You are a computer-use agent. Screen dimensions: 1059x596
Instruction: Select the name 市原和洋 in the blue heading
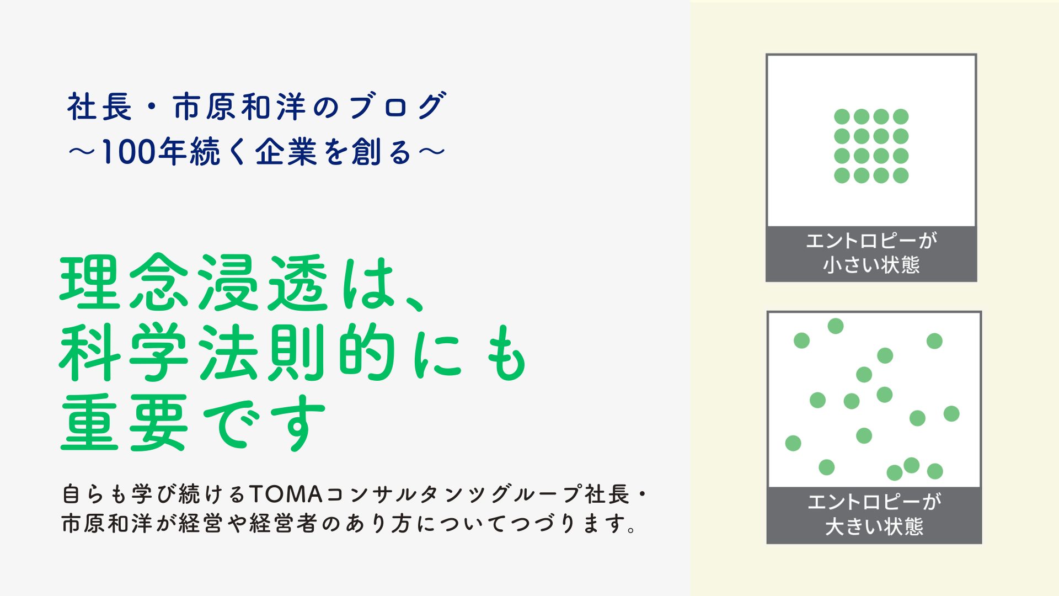click(x=239, y=106)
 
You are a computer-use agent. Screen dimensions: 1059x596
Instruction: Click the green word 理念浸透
click(x=194, y=282)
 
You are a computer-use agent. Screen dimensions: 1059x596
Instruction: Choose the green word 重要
click(x=124, y=422)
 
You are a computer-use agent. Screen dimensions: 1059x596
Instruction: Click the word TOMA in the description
click(x=286, y=494)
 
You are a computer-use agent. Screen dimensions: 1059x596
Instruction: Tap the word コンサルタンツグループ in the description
click(x=452, y=494)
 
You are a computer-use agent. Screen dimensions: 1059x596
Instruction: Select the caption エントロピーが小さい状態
click(x=871, y=253)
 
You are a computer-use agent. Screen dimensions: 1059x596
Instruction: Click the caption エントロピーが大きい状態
click(x=874, y=514)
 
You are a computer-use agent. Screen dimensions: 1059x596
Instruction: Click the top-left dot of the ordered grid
click(x=842, y=116)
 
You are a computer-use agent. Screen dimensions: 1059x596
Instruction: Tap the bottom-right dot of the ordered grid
click(x=901, y=175)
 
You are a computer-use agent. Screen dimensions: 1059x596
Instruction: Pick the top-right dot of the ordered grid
click(x=901, y=116)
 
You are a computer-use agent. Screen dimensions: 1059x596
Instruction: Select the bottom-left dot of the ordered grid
click(x=842, y=175)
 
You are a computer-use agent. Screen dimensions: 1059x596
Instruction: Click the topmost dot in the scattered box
click(x=836, y=326)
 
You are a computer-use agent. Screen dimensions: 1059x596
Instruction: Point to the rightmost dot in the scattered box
click(x=951, y=413)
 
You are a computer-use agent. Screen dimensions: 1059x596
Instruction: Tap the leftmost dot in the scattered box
click(x=793, y=443)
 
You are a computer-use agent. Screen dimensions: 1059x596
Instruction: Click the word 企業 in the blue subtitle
click(x=286, y=152)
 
